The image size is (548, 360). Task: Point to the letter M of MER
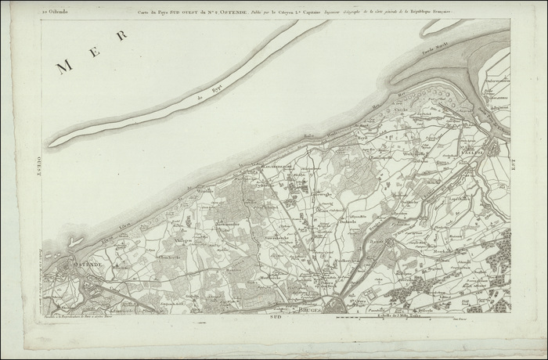click(x=64, y=67)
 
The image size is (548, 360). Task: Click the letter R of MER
click(x=121, y=35)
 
